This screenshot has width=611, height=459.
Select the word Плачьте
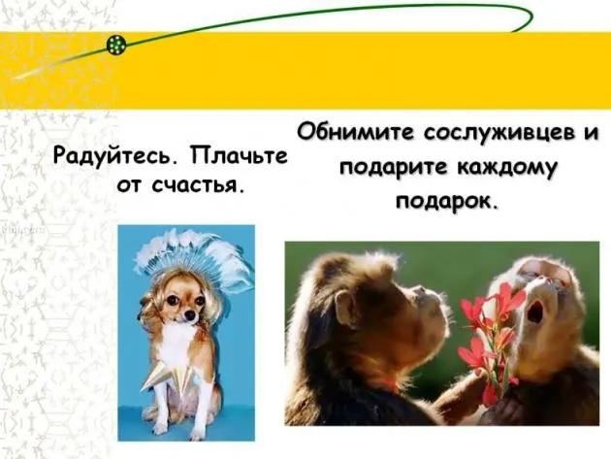coord(240,155)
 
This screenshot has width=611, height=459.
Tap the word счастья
coord(195,185)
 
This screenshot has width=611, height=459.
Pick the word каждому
coord(506,168)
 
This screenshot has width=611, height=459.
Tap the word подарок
coord(447,201)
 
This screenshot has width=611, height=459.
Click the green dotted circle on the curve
coord(116,45)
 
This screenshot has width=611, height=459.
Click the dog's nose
coord(189,316)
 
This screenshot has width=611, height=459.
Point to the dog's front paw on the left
coord(160,428)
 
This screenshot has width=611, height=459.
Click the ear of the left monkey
coord(346,308)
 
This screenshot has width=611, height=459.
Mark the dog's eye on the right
coord(200,301)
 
